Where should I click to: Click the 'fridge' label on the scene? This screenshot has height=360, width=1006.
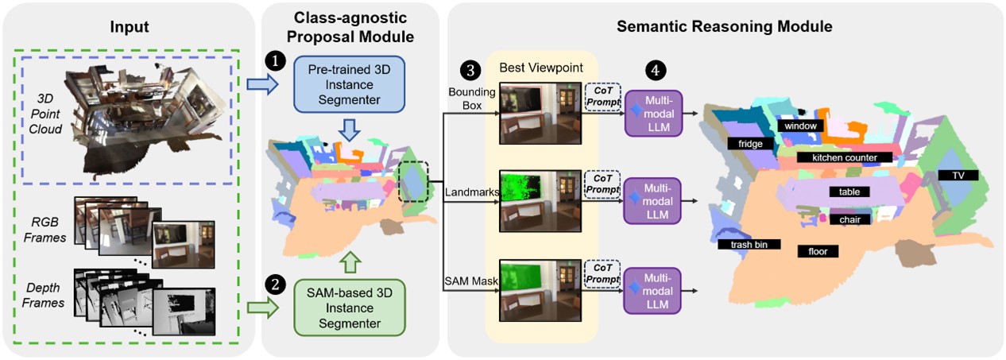click(x=749, y=144)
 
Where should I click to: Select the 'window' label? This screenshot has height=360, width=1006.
click(x=801, y=126)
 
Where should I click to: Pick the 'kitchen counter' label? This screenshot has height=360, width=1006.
click(x=844, y=157)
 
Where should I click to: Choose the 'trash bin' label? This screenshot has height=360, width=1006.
click(x=749, y=245)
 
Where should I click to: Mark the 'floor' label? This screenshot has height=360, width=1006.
click(x=818, y=251)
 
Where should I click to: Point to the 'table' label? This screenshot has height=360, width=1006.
click(x=849, y=192)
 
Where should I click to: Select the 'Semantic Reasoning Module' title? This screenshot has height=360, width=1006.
click(x=724, y=26)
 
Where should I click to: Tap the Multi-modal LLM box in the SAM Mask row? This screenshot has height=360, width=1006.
click(x=652, y=290)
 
